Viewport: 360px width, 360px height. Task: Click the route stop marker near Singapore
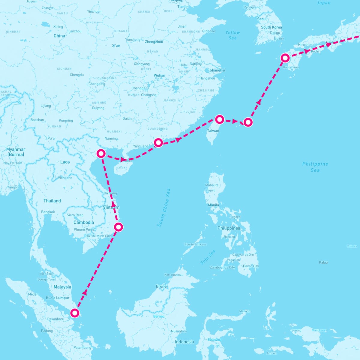74,313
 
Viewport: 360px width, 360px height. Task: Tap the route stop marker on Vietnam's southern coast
119,227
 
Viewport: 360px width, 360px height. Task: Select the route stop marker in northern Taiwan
220,119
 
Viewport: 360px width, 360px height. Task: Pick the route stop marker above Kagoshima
285,58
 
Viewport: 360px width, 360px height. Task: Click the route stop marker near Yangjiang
158,142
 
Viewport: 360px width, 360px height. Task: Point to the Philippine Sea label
315,167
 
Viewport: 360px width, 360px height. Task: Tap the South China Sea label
164,208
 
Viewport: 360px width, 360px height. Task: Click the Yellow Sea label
233,35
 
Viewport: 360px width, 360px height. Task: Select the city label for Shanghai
217,70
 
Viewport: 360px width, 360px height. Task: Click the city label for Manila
213,205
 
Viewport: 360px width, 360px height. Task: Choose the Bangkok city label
48,212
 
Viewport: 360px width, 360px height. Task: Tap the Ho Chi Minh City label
98,236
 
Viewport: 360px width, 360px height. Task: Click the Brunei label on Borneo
161,286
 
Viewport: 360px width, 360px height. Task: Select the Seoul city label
262,19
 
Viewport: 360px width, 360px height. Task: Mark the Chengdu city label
76,75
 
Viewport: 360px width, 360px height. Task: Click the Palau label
323,262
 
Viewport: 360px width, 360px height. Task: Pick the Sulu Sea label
208,257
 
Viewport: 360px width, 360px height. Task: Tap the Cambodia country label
84,222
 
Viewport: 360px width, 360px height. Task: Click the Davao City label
251,266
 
